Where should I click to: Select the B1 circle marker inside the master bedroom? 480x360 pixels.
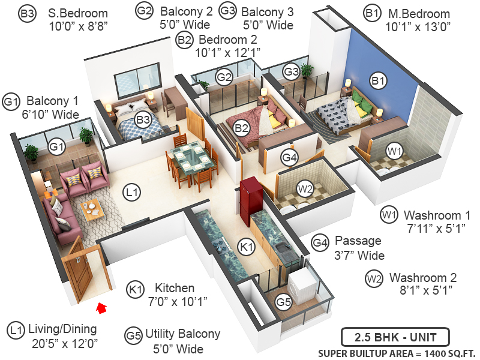[377, 80]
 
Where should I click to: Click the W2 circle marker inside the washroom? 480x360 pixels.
[305, 189]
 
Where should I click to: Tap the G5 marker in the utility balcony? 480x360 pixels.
[283, 301]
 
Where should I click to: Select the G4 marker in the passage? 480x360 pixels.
[289, 158]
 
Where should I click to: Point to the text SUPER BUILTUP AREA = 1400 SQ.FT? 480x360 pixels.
[395, 352]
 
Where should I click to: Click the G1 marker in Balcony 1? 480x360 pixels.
[56, 146]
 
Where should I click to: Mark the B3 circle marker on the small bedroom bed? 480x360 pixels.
[142, 119]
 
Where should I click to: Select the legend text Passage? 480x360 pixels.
[358, 241]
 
